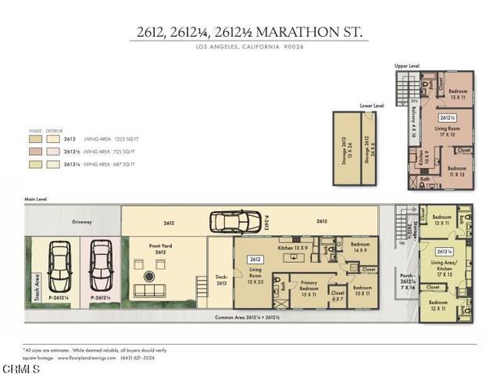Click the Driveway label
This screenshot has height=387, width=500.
[x=82, y=222]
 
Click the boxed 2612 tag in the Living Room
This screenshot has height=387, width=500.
[x=255, y=259]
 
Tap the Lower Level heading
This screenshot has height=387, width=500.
[x=372, y=104]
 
